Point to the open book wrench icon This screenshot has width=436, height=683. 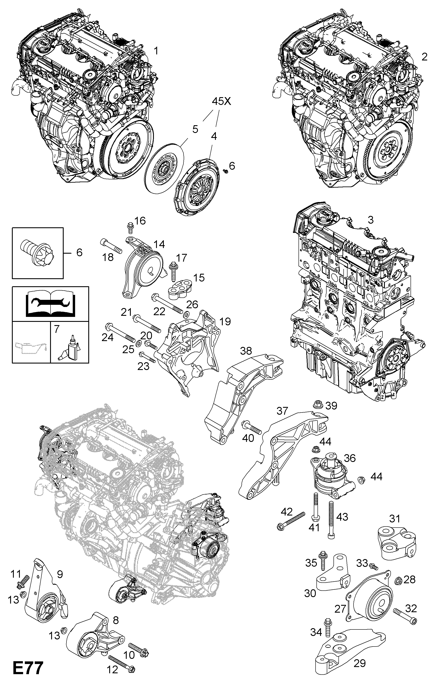[x=50, y=304]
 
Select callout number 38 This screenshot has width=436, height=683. [x=246, y=351]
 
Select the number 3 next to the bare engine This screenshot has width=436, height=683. [x=370, y=220]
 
